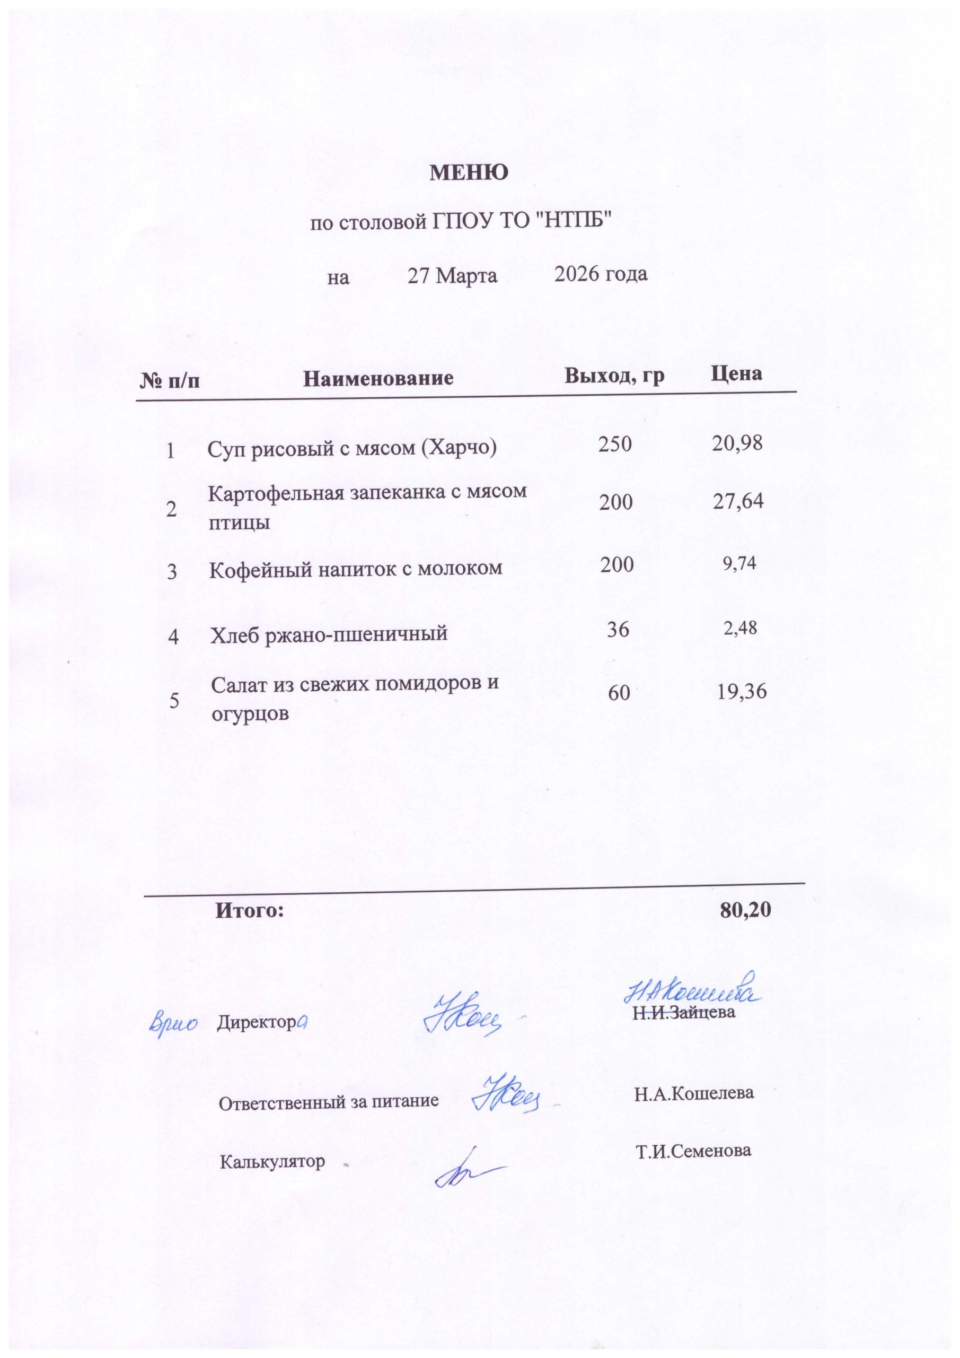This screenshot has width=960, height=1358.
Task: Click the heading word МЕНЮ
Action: (468, 173)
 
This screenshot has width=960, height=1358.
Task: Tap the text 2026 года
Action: (601, 274)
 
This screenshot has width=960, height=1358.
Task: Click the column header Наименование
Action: (378, 378)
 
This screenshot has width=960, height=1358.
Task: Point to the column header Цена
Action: (736, 373)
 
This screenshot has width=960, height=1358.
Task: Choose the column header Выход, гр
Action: (614, 376)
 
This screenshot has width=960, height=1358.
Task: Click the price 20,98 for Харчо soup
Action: (737, 443)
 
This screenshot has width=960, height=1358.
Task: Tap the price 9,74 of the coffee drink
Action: (739, 563)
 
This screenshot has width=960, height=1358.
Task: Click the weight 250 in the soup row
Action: (615, 444)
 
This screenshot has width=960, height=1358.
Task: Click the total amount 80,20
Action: (745, 910)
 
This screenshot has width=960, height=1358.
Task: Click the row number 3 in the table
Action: (172, 572)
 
